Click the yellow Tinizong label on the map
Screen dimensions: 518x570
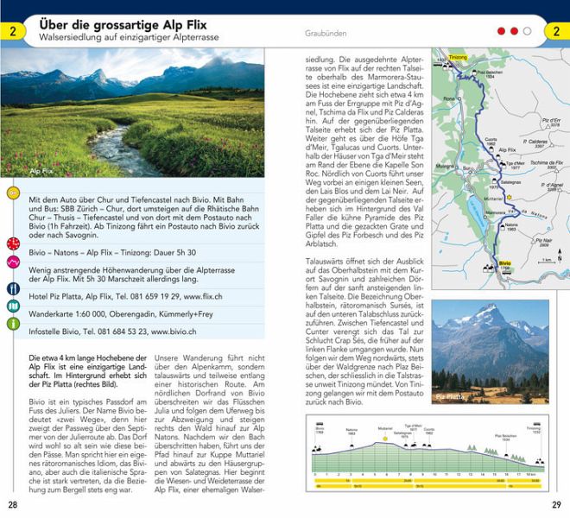click(x=458, y=57)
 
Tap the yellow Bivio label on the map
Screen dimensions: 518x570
click(x=505, y=261)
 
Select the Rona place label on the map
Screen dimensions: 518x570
click(x=448, y=98)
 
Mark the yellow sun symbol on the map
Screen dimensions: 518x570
click(x=510, y=197)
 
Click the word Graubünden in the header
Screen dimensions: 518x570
click(x=326, y=33)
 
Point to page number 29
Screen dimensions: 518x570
click(x=556, y=504)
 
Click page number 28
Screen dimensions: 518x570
click(x=13, y=504)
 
